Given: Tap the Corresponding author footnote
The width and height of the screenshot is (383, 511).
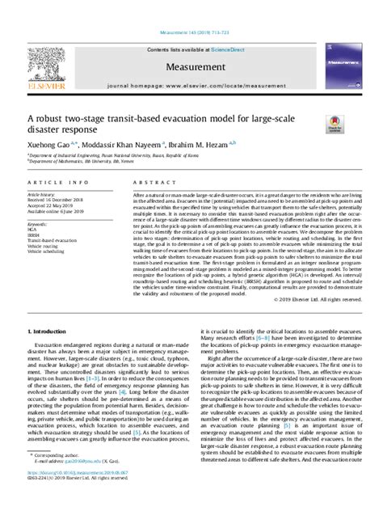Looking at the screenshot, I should [x=59, y=479].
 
